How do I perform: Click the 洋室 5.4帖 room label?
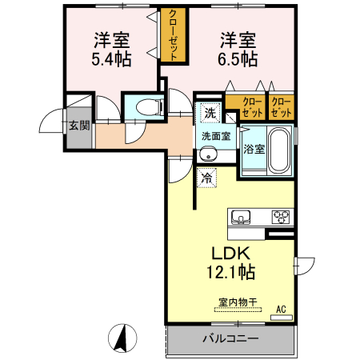(x=111, y=49)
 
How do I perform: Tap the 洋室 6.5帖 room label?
(x=238, y=49)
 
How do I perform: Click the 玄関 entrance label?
(x=78, y=125)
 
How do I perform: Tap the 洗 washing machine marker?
(x=209, y=112)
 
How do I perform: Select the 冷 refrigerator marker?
(x=206, y=178)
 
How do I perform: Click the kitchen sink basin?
(x=242, y=217)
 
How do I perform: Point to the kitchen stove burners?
(x=281, y=216)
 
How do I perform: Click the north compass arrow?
(x=123, y=338)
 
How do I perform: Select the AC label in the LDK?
(x=281, y=309)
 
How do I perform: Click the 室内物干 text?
(x=238, y=302)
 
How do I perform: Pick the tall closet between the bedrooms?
(x=173, y=34)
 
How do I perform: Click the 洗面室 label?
(x=216, y=136)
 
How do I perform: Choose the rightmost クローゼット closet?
(x=281, y=107)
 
